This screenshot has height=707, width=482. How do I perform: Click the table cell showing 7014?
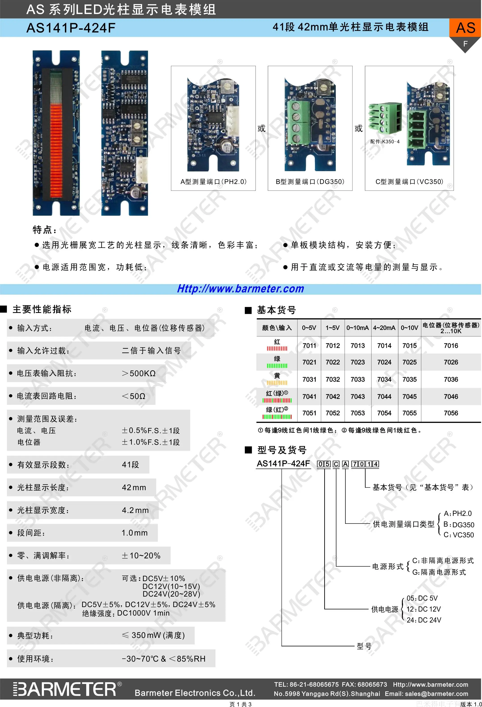[384, 346]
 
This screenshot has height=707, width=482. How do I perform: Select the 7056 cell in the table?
[451, 413]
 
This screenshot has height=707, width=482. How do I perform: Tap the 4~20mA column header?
[384, 328]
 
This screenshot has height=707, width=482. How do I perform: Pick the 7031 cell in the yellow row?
[309, 379]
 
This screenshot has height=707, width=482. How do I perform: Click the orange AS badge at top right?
[465, 28]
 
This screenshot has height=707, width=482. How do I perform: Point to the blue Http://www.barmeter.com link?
[241, 289]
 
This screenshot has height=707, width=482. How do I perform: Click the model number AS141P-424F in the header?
[71, 28]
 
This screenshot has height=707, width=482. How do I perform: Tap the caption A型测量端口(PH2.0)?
[213, 182]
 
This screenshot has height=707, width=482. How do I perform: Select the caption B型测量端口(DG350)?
[310, 182]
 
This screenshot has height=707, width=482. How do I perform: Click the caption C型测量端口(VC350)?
[409, 182]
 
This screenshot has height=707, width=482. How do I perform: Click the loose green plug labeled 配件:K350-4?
[382, 119]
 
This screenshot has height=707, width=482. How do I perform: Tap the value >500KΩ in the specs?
[139, 373]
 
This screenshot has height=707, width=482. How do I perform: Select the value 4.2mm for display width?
[135, 510]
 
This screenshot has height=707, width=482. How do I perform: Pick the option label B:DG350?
[459, 524]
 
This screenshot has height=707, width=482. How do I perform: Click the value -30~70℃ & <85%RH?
[164, 659]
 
